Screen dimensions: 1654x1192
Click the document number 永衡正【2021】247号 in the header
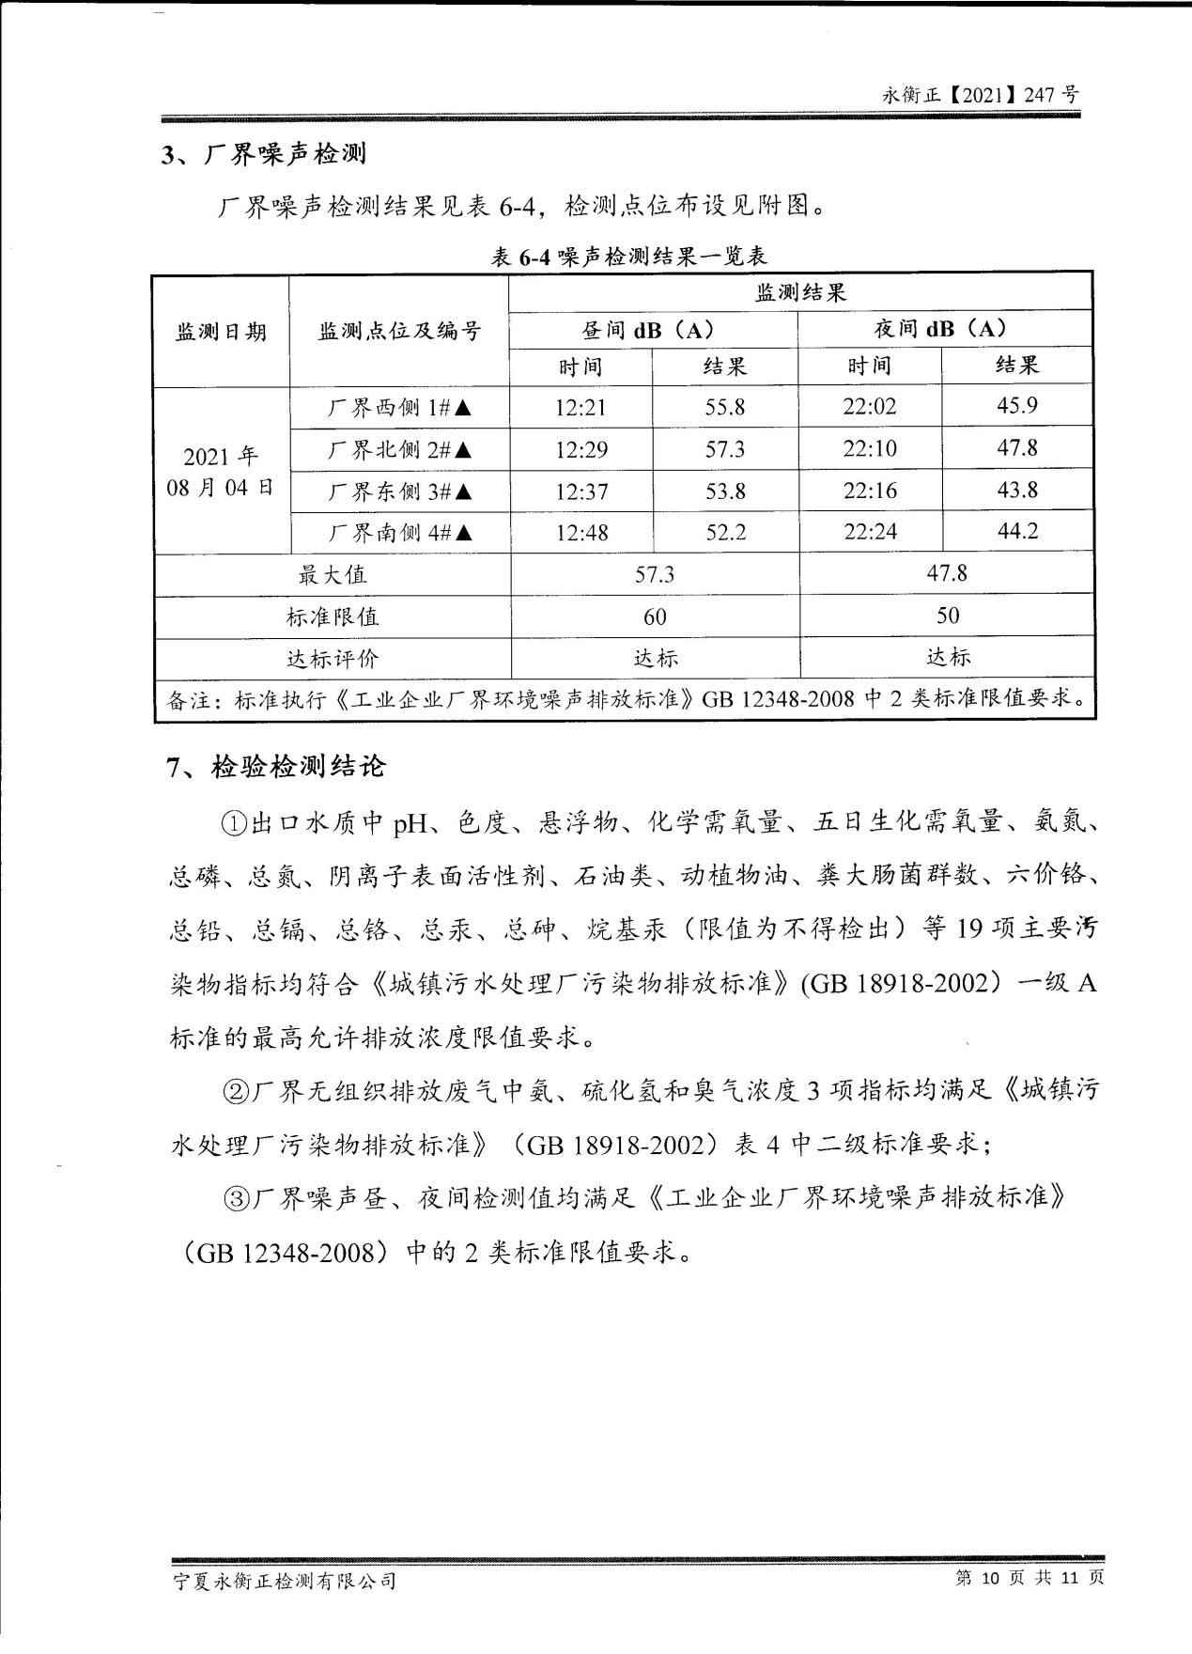click(x=981, y=95)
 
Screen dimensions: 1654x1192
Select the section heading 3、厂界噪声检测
click(x=264, y=154)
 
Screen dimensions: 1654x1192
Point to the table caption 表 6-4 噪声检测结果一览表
click(x=629, y=256)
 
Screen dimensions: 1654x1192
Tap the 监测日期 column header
click(x=222, y=332)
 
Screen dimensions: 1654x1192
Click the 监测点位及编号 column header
click(x=399, y=331)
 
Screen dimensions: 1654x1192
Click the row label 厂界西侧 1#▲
click(x=399, y=408)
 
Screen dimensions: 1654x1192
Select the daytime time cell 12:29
click(x=581, y=449)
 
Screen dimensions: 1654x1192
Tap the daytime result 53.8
click(x=725, y=491)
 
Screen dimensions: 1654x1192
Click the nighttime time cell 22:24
click(x=870, y=532)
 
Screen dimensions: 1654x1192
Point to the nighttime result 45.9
click(x=1016, y=406)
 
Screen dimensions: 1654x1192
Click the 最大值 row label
click(x=333, y=574)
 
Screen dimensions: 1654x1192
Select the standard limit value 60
click(x=655, y=616)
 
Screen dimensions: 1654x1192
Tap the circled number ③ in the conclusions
click(x=235, y=1198)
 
